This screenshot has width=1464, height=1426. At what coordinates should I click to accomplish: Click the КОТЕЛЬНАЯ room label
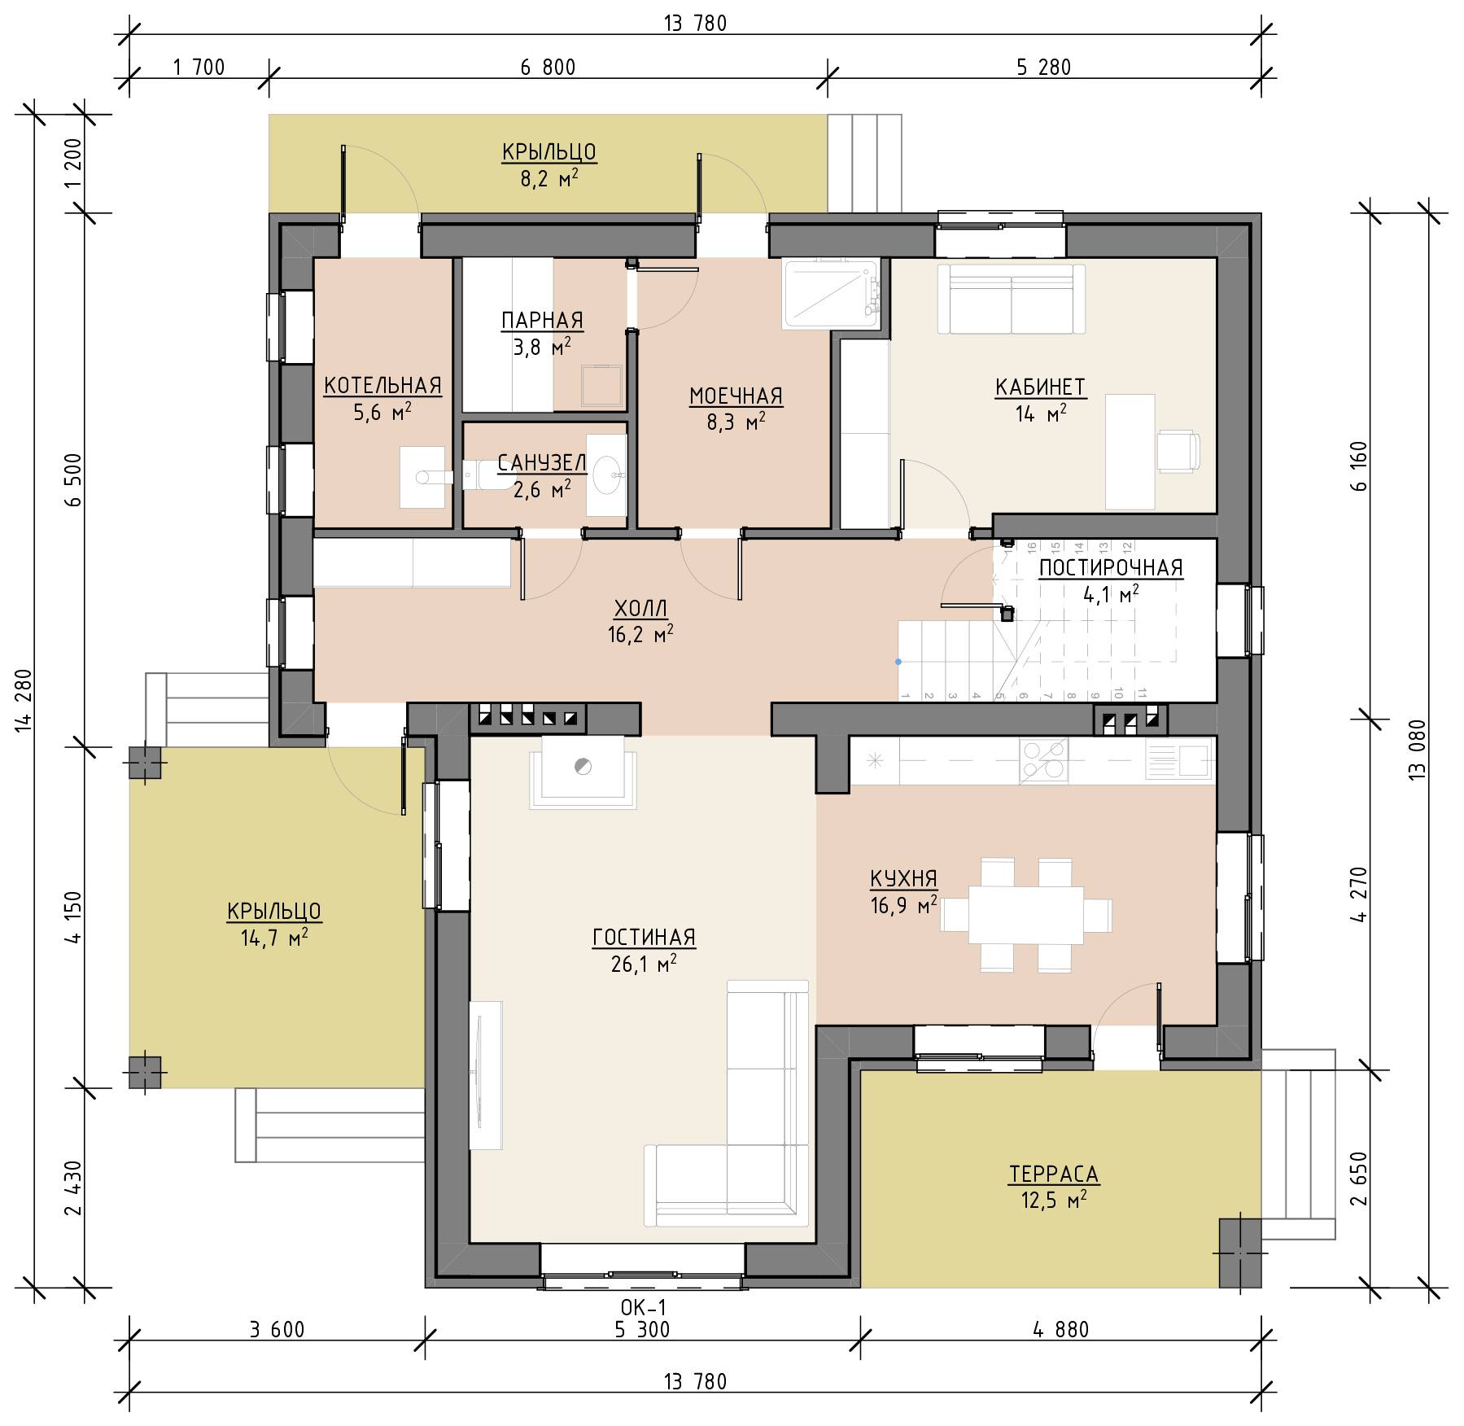click(382, 386)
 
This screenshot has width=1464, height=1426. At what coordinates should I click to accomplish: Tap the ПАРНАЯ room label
click(542, 321)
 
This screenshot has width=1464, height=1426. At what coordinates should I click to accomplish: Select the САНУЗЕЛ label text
click(541, 463)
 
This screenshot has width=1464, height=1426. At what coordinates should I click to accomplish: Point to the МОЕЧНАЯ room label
click(736, 396)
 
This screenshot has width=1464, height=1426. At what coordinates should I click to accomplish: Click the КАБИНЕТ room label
click(1040, 387)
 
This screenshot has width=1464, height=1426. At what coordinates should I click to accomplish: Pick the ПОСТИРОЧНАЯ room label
click(1111, 568)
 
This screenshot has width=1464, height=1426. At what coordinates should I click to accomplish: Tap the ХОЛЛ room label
click(640, 609)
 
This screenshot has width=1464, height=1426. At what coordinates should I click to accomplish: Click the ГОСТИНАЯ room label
click(644, 938)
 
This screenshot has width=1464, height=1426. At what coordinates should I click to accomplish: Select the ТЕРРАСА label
click(1054, 1174)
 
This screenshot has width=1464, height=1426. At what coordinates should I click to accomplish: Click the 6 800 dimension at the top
click(548, 68)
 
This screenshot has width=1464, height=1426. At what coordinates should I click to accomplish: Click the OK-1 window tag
click(643, 1307)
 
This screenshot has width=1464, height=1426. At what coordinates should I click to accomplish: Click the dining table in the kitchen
click(1025, 915)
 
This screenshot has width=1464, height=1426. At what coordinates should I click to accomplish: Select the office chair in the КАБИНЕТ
click(1178, 451)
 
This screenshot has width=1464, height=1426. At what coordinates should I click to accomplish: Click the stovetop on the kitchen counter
click(1043, 760)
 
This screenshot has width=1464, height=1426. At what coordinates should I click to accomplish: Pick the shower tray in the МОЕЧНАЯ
click(831, 294)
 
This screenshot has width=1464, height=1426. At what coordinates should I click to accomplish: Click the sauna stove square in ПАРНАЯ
click(603, 385)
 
